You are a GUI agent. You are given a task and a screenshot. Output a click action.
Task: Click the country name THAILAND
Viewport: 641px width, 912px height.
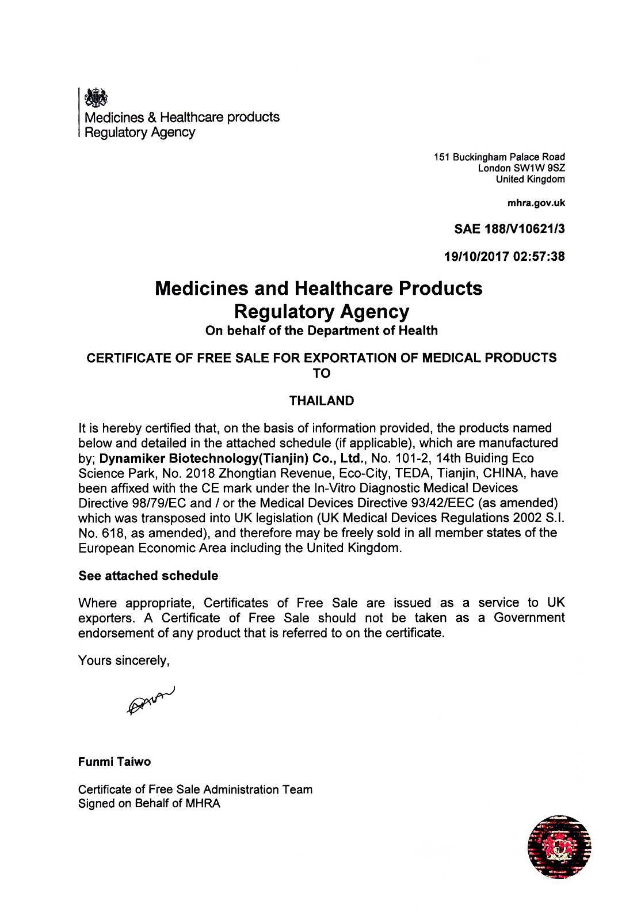point(321,401)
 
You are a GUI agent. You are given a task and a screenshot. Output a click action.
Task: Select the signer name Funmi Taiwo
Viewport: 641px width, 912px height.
point(115,761)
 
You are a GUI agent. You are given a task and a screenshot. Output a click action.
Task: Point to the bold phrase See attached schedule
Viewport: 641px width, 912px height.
point(148,575)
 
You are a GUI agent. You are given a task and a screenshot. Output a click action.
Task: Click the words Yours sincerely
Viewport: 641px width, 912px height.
point(123,660)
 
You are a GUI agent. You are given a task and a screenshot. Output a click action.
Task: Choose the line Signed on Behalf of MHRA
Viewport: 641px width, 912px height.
point(149,803)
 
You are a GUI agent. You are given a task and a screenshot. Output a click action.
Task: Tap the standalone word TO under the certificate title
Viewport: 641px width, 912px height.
point(321,373)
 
